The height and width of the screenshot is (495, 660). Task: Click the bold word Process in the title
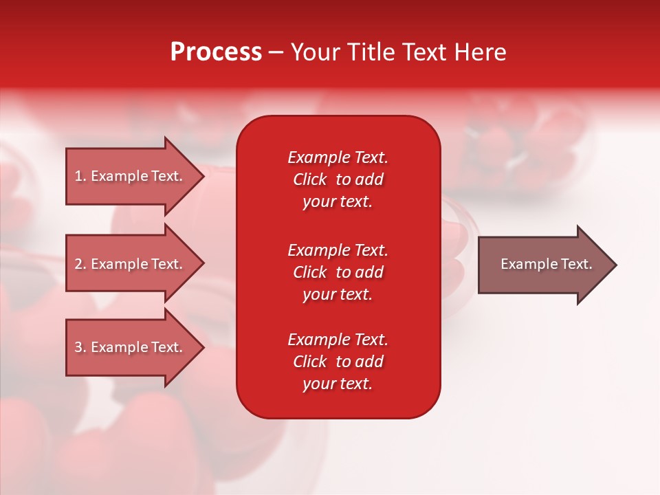click(x=216, y=52)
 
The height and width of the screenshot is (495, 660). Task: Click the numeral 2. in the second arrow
click(x=80, y=264)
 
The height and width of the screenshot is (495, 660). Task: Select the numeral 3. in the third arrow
click(x=80, y=347)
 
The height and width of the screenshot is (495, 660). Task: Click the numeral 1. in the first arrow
click(x=80, y=176)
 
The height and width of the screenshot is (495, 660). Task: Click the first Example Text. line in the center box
click(x=338, y=157)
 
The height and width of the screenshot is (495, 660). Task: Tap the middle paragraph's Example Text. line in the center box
click(x=338, y=250)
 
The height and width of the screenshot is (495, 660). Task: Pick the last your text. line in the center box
click(x=338, y=384)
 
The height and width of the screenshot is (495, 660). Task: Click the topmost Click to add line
click(x=338, y=179)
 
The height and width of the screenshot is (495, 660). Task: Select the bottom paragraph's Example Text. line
click(x=338, y=340)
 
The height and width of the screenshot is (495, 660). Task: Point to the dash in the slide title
click(x=276, y=53)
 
